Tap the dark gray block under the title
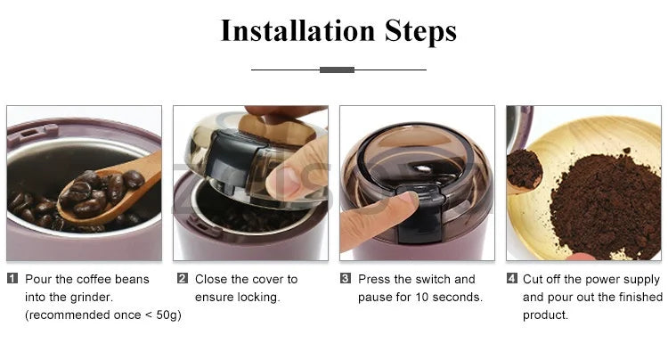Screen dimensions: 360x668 point(338,70)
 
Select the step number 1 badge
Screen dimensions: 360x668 point(12,279)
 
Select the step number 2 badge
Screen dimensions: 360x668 point(183,279)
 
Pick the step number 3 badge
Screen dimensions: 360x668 point(346,279)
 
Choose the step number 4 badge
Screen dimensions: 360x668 point(511,279)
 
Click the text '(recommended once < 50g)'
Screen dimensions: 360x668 point(103,315)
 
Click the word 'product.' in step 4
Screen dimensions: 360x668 point(545,315)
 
